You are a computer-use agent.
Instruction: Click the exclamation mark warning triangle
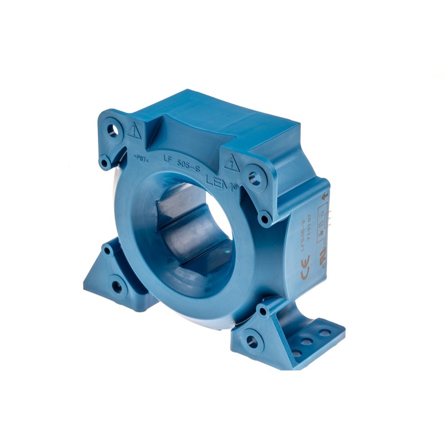click(133, 132)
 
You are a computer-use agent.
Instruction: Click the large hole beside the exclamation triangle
click(114, 130)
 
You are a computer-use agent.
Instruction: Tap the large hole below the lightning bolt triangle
click(255, 179)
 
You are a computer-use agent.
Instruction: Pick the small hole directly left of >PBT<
click(105, 162)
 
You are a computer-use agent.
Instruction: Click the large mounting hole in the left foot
click(117, 287)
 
